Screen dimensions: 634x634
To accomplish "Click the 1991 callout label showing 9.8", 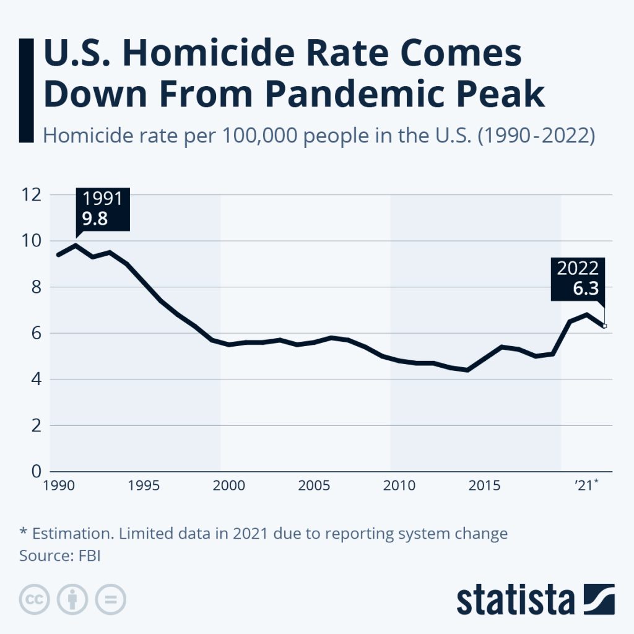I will point(103,209).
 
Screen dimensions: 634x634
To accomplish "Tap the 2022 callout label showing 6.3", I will point(578,278).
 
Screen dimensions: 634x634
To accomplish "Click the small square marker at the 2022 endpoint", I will point(605,326).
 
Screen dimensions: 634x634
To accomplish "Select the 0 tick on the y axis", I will point(35,472).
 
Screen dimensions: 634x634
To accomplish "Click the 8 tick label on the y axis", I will point(35,287).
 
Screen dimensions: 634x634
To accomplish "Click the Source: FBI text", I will point(60,555).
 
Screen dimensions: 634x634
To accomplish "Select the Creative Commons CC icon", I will point(35,599).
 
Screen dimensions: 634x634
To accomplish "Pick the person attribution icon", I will point(72,599).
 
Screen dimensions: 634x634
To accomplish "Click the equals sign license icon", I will point(110,599).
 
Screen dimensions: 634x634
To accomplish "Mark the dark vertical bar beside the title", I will point(27,89).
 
